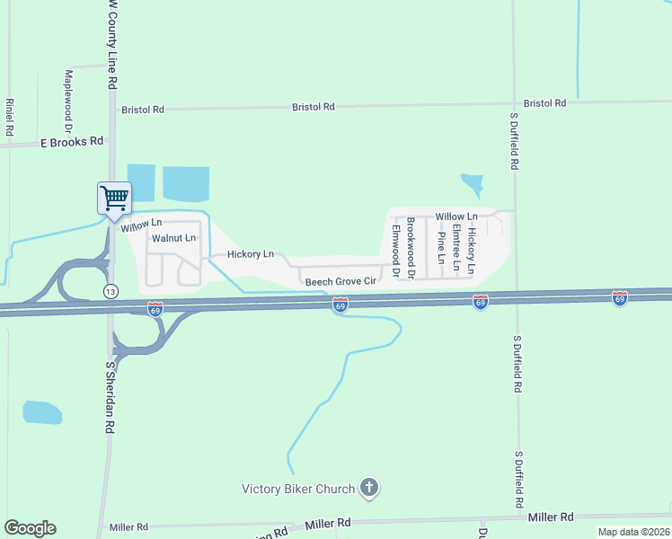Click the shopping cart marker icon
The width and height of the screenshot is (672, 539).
114,198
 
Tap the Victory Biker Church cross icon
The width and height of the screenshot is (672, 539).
368,489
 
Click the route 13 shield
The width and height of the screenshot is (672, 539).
110,292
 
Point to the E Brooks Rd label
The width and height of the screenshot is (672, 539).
73,142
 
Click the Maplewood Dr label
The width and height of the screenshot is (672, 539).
68,101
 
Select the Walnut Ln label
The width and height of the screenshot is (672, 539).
173,238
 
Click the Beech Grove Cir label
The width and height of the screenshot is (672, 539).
340,281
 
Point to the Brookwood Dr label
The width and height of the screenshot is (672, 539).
411,247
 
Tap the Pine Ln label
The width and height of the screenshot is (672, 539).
441,248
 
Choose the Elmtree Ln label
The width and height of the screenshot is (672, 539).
456,248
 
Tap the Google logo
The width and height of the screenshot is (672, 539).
31,528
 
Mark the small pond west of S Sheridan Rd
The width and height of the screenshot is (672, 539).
42,412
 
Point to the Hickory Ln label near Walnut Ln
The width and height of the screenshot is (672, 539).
251,254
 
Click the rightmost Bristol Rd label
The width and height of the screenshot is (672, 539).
544,103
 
